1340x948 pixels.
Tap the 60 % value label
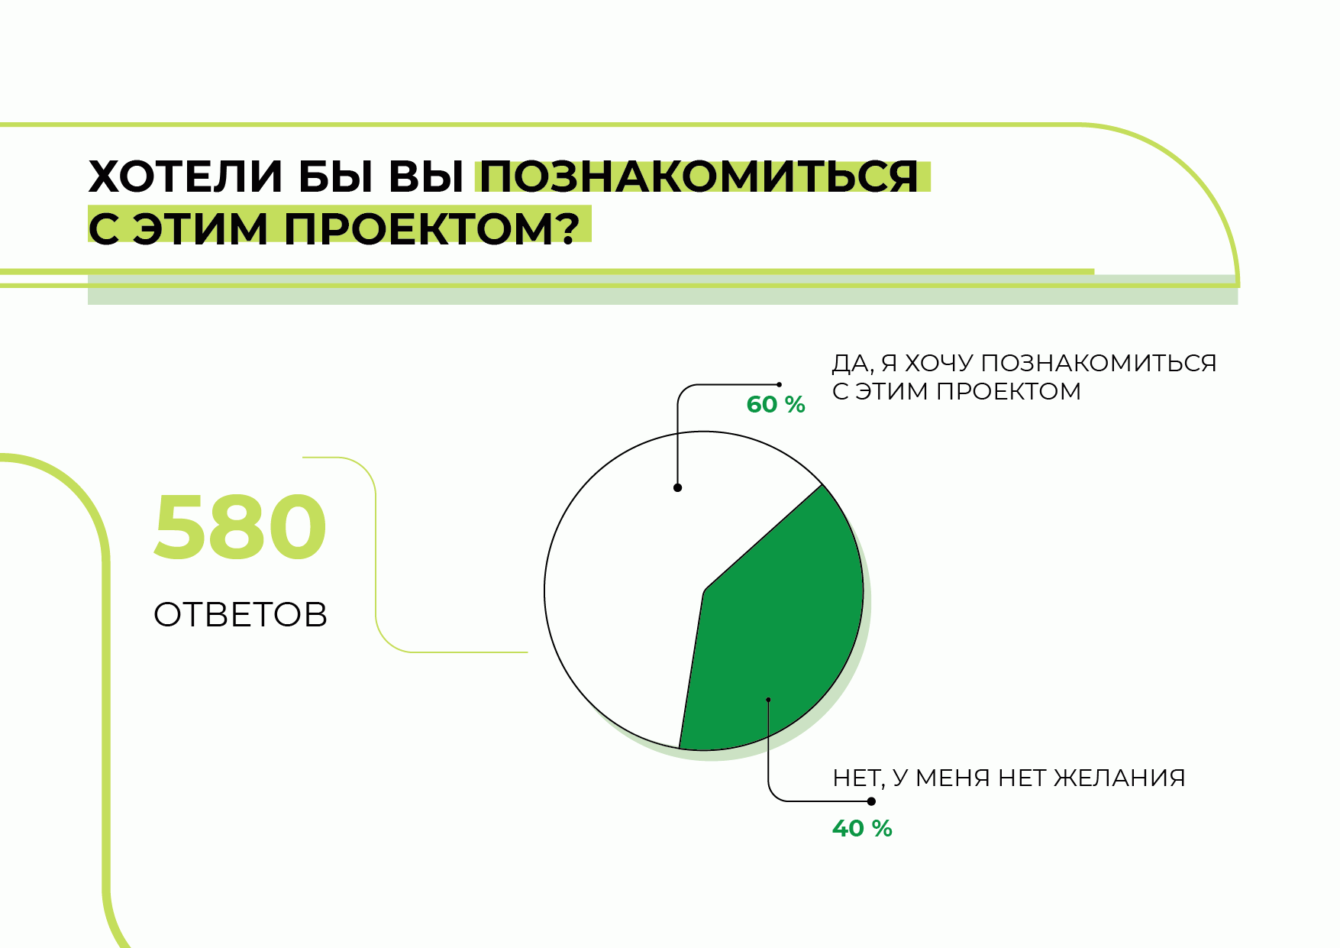click(776, 404)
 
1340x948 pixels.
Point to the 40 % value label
click(862, 828)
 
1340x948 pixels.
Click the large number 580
click(241, 527)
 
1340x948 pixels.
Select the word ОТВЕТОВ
click(241, 614)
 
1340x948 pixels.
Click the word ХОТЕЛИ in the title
click(186, 176)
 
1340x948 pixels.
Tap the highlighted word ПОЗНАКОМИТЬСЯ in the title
click(699, 176)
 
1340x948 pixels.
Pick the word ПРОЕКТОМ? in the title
click(431, 228)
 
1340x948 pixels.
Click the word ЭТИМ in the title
click(200, 228)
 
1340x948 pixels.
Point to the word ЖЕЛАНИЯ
click(1119, 778)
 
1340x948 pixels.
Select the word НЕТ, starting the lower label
click(859, 778)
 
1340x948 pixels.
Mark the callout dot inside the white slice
click(677, 487)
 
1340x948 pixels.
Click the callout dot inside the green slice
click(768, 699)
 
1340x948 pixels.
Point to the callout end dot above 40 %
click(871, 801)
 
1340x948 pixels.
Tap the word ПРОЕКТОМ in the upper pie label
click(1009, 391)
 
